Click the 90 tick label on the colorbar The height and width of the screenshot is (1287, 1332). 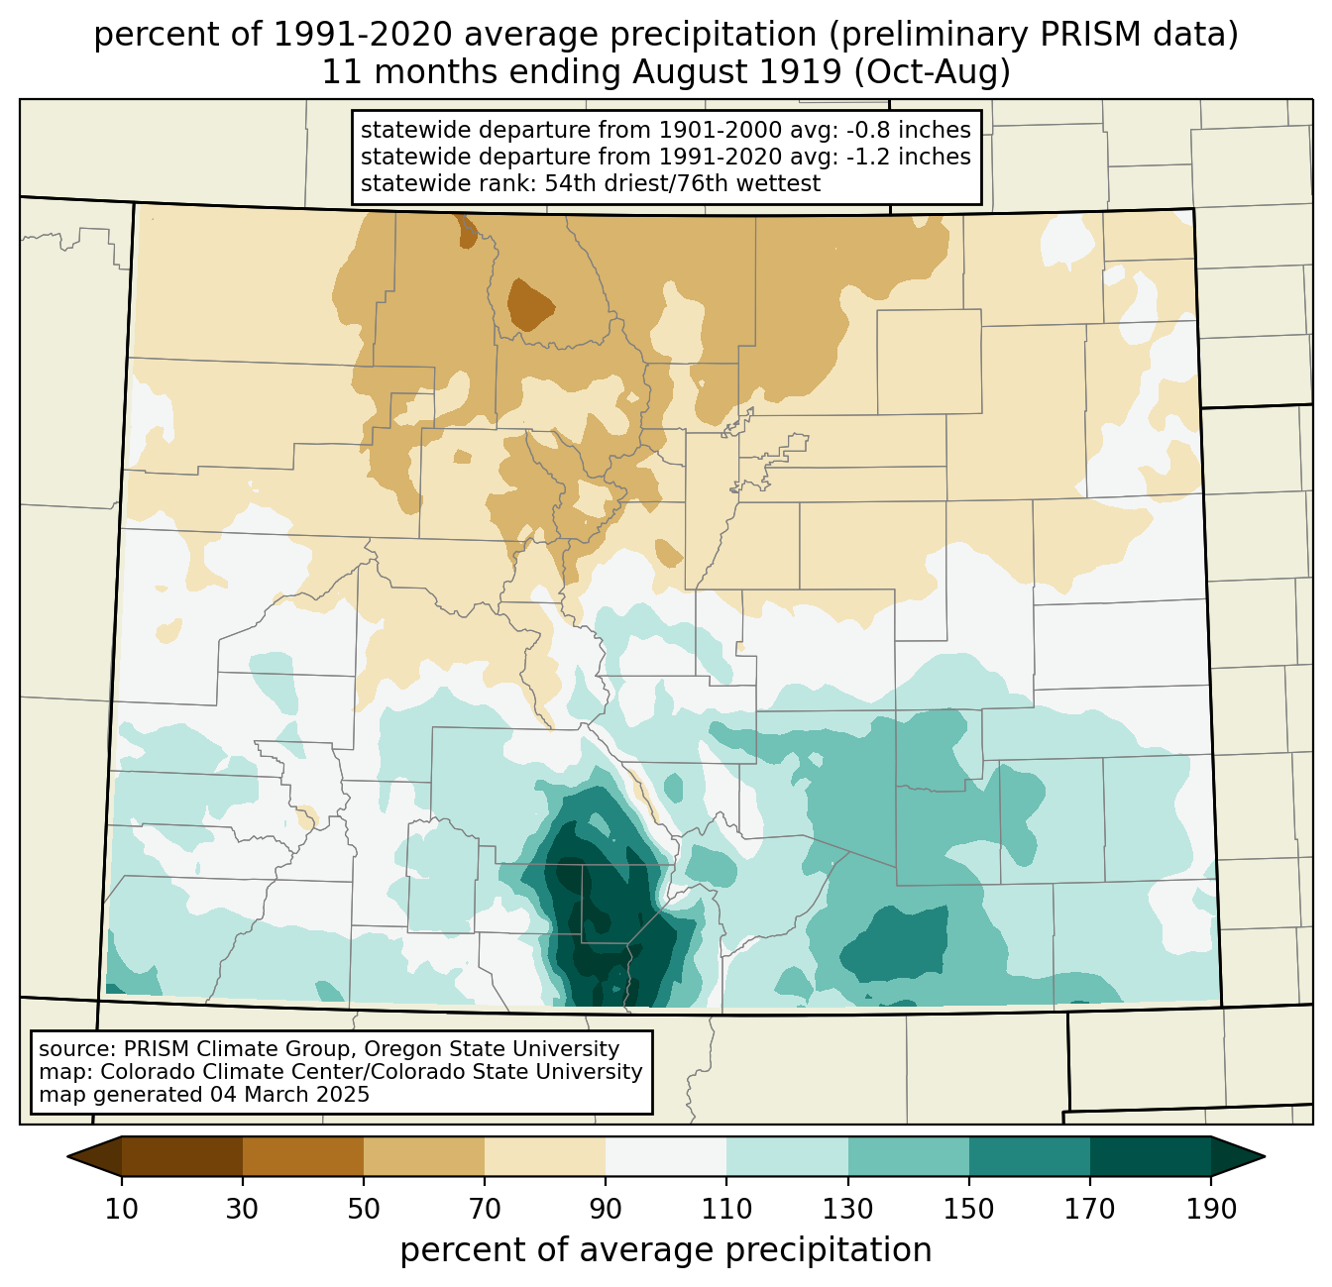606,1209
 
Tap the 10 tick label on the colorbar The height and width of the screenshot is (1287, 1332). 122,1209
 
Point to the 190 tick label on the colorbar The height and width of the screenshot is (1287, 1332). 1210,1209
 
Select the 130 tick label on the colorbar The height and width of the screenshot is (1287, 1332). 848,1209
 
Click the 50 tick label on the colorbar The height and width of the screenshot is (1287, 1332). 364,1209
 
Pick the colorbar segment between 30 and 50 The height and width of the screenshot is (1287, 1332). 303,1156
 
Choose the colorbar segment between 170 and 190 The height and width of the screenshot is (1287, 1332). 1150,1156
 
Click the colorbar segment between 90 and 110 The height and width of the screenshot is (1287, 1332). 666,1156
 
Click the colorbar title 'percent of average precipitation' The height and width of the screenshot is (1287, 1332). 666,1250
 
